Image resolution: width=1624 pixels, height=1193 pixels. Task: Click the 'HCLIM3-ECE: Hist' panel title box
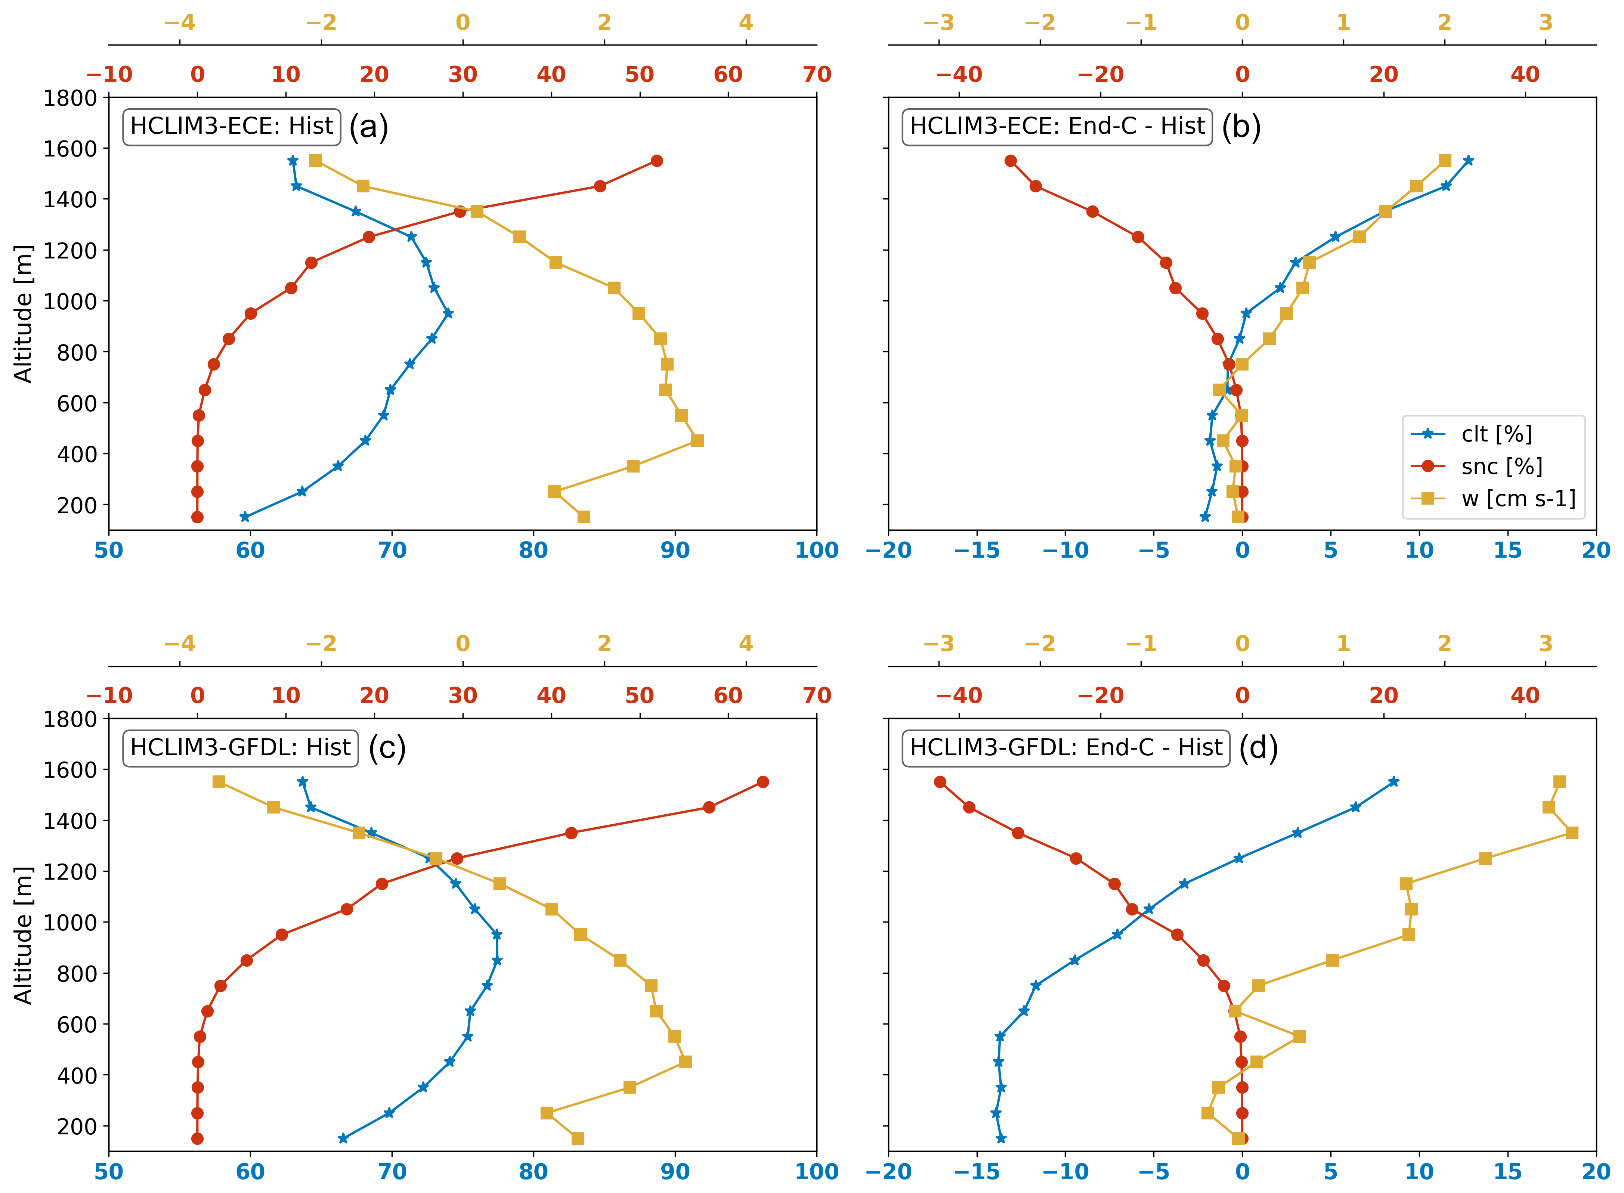(x=231, y=126)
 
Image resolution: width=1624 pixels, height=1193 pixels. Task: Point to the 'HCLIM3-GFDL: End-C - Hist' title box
(x=1066, y=747)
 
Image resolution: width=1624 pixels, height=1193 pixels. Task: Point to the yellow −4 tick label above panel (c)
(x=180, y=644)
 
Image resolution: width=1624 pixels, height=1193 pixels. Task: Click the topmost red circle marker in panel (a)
(x=656, y=160)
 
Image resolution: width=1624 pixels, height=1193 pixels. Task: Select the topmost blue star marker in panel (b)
(x=1467, y=160)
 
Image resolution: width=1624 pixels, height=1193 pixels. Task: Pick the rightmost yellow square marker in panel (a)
(x=697, y=440)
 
